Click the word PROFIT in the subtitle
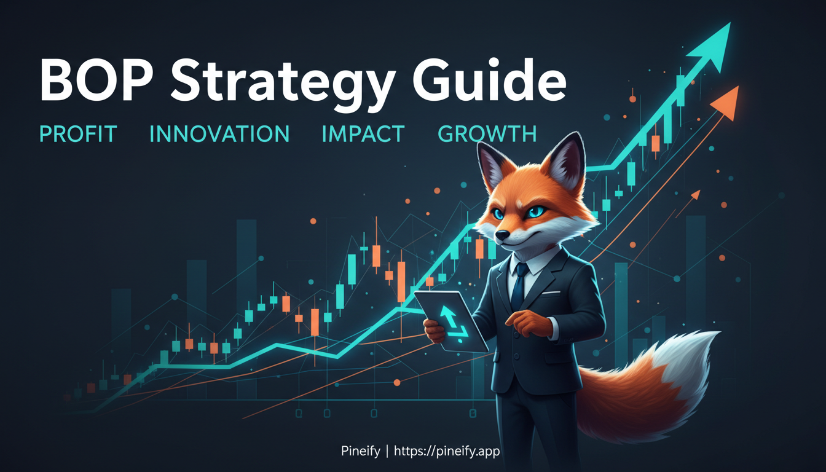click(78, 134)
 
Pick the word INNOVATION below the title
click(219, 134)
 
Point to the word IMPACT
click(363, 134)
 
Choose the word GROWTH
click(487, 134)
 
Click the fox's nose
click(503, 235)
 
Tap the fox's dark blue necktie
click(519, 286)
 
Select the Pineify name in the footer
click(359, 451)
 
